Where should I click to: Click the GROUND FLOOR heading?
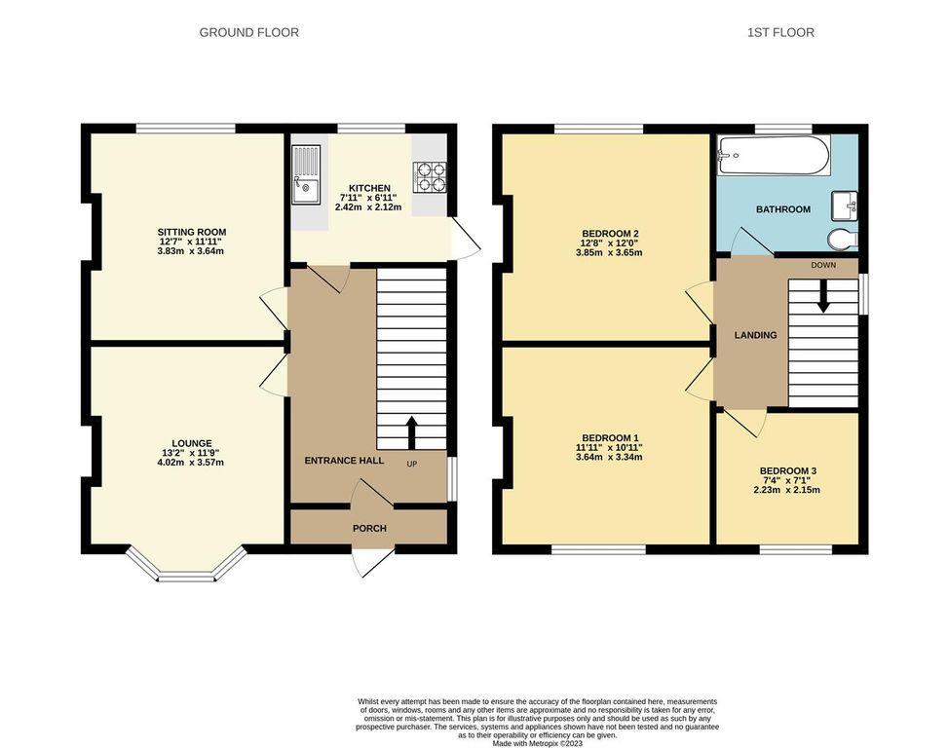click(x=248, y=33)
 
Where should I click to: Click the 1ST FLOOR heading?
click(x=780, y=33)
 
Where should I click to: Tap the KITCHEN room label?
click(x=369, y=188)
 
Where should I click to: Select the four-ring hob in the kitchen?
click(x=429, y=176)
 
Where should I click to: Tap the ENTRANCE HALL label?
click(x=344, y=461)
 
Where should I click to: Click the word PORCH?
click(x=370, y=528)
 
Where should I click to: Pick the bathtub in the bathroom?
click(x=774, y=156)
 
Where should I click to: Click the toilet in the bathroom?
click(x=843, y=239)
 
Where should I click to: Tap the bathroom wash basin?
click(x=845, y=206)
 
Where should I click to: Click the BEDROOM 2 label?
click(x=610, y=234)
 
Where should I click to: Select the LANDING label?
click(x=756, y=335)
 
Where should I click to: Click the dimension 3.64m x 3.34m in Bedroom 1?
click(x=610, y=458)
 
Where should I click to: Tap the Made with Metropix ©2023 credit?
click(x=538, y=744)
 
